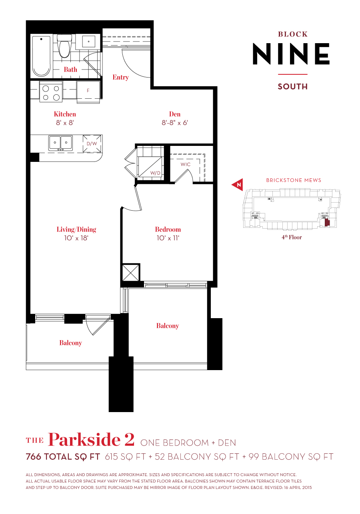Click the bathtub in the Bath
point(41,56)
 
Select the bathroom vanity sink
point(89,41)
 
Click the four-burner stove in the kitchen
point(51,92)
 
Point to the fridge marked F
point(88,91)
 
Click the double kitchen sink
point(60,143)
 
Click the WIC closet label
point(185,164)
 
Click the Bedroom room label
point(168,229)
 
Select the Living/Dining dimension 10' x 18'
point(76,238)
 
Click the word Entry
point(120,77)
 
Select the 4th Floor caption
point(291,237)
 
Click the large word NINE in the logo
point(291,54)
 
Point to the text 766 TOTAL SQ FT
point(63,457)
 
